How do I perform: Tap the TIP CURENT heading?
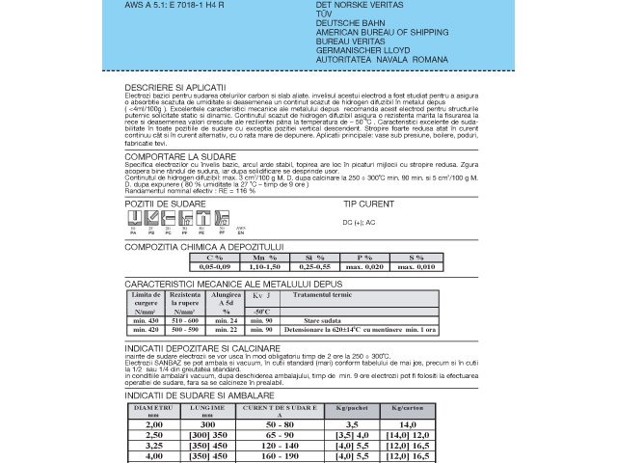[369, 204]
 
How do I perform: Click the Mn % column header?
[265, 258]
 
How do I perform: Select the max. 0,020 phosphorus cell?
[364, 266]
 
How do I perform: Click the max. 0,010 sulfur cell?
[416, 266]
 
